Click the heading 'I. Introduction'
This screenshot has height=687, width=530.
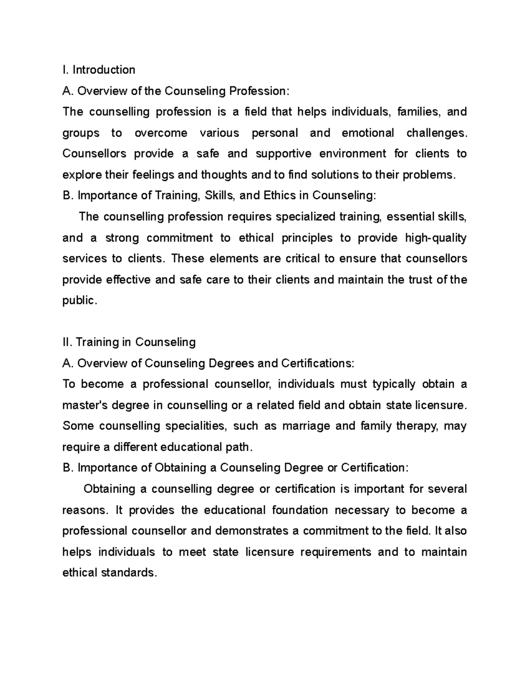pos(98,70)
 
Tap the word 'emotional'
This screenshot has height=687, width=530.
pos(367,133)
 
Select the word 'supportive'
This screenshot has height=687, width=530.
pos(283,154)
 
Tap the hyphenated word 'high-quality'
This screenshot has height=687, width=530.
pos(435,238)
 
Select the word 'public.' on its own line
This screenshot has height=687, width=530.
pos(79,301)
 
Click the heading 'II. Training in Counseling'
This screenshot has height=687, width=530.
pos(129,342)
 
